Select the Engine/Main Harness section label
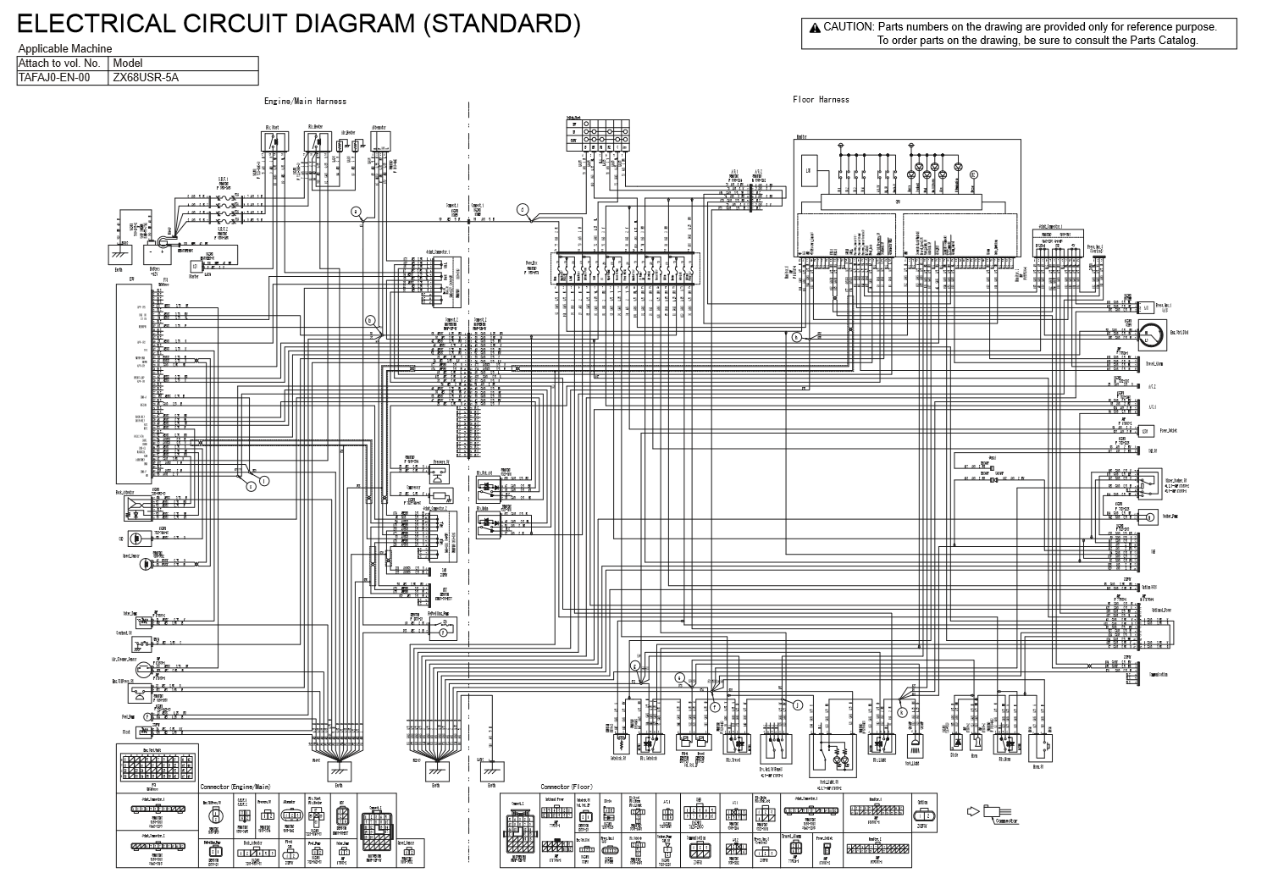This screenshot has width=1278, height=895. click(x=305, y=102)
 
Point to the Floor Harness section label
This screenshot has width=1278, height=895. click(x=821, y=100)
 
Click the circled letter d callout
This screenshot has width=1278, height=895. click(x=523, y=208)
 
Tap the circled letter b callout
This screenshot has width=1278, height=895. click(x=369, y=320)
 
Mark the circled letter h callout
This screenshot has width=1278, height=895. click(x=796, y=337)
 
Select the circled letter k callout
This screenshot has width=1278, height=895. click(x=903, y=712)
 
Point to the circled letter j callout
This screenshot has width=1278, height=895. click(x=796, y=704)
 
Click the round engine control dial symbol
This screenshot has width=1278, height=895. click(x=1150, y=336)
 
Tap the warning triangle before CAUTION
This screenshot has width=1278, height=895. click(x=815, y=27)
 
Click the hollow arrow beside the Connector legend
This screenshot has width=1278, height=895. click(x=972, y=811)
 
